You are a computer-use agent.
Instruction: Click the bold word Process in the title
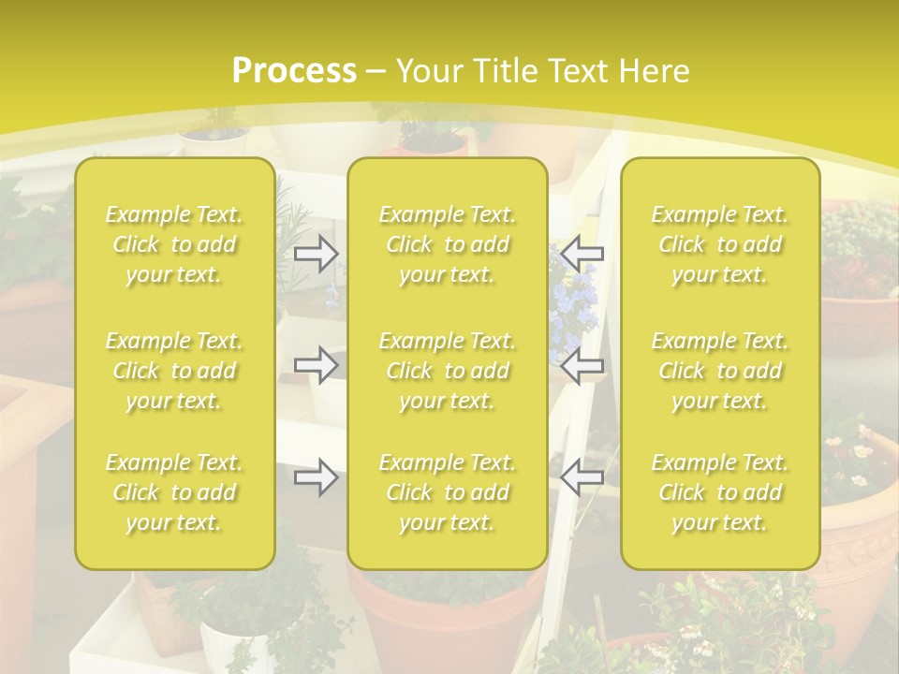294,71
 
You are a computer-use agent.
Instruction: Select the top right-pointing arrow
316,253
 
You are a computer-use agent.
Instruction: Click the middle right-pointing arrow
316,365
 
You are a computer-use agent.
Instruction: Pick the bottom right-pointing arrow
316,477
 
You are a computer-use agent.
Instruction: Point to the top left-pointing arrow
582,253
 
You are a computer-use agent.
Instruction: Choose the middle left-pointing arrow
582,365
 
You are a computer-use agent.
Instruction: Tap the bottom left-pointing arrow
582,477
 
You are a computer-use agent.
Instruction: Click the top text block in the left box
174,244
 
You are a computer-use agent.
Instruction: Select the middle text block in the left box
174,371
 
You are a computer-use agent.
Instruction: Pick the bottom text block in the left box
174,492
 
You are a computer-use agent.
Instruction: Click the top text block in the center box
447,244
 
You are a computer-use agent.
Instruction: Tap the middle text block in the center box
447,371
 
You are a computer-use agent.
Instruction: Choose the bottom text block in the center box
447,492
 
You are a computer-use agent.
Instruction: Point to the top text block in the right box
720,244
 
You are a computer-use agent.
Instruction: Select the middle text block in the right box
720,371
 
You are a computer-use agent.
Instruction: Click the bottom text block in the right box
720,492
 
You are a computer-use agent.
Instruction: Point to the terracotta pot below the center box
440,618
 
